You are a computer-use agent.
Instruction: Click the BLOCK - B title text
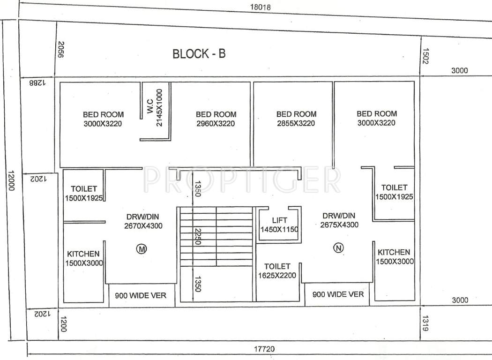pyautogui.click(x=199, y=53)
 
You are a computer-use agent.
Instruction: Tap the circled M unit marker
pyautogui.click(x=141, y=249)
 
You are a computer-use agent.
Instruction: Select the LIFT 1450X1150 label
pyautogui.click(x=279, y=225)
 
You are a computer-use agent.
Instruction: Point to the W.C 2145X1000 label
pyautogui.click(x=155, y=108)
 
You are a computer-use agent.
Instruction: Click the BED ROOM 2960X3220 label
pyautogui.click(x=216, y=119)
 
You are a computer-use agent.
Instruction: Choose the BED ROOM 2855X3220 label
pyautogui.click(x=296, y=118)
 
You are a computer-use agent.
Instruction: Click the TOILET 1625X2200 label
pyautogui.click(x=277, y=270)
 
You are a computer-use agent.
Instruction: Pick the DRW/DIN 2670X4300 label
pyautogui.click(x=144, y=221)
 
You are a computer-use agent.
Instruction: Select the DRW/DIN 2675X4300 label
pyautogui.click(x=339, y=220)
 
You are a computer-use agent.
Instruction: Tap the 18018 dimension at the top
pyautogui.click(x=260, y=7)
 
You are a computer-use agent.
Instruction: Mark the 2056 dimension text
pyautogui.click(x=60, y=49)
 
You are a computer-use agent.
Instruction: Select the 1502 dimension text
pyautogui.click(x=425, y=57)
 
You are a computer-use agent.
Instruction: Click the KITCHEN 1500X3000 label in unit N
pyautogui.click(x=394, y=257)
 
